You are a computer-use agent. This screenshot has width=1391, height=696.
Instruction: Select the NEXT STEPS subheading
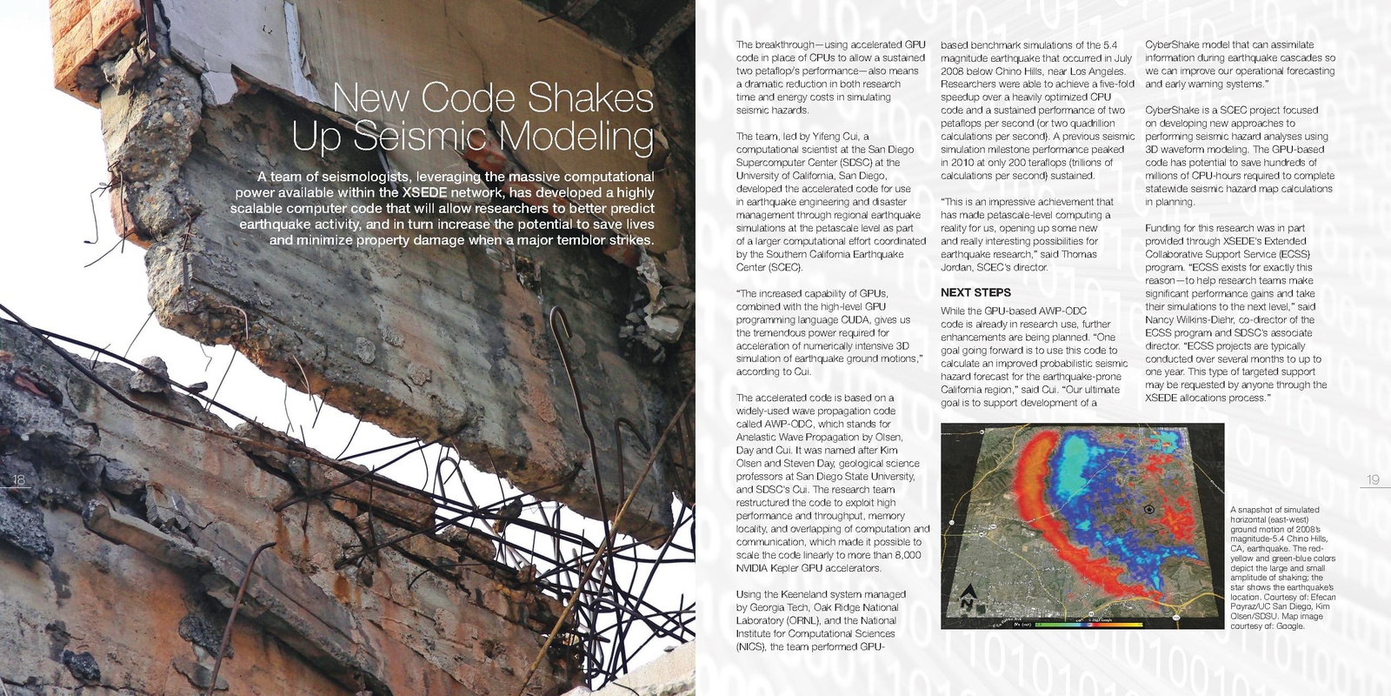click(975, 293)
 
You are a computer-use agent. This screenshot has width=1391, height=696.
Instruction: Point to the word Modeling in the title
click(576, 137)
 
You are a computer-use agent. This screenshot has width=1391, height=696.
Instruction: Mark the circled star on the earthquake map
click(1149, 509)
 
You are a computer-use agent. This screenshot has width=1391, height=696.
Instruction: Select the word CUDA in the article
click(855, 319)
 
